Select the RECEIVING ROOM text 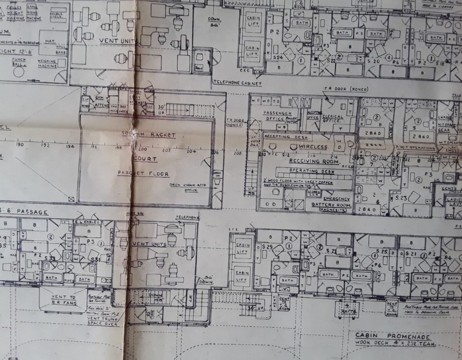pyautogui.click(x=312, y=161)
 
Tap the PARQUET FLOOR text pyautogui.click(x=143, y=173)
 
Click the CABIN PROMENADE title pyautogui.click(x=392, y=336)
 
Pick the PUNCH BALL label pyautogui.click(x=17, y=62)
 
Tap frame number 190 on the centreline pyautogui.click(x=20, y=145)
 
